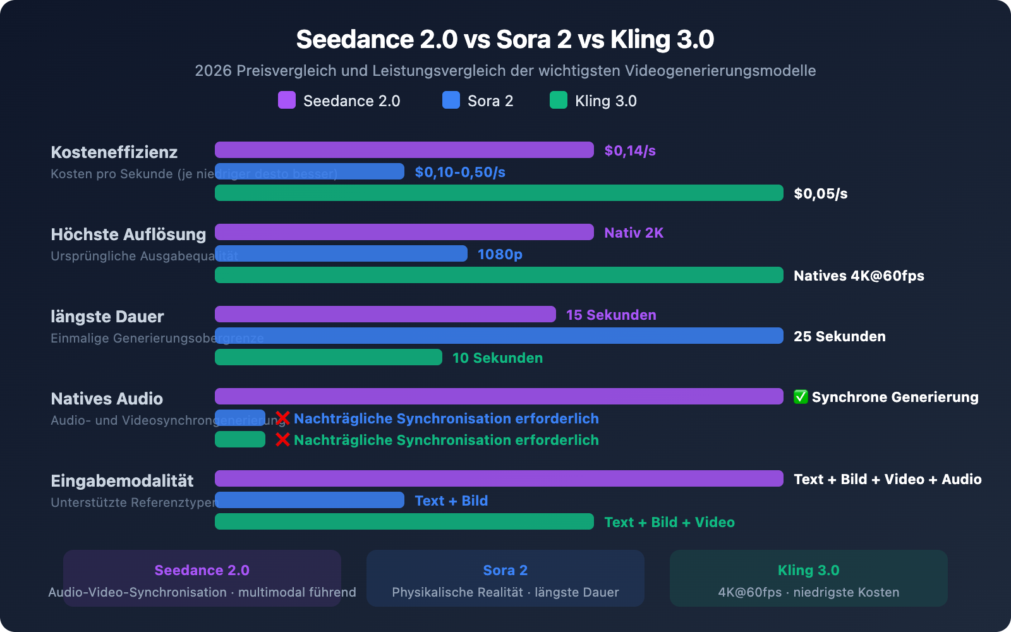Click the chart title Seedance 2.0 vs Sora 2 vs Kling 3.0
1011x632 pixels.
click(x=505, y=39)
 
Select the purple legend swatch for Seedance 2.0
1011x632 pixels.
click(x=287, y=100)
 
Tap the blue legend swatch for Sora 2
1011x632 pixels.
click(x=451, y=100)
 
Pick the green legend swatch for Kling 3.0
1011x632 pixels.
click(x=559, y=100)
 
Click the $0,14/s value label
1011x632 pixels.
click(x=630, y=150)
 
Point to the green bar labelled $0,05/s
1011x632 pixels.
click(x=499, y=193)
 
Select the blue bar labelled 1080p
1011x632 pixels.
click(x=341, y=253)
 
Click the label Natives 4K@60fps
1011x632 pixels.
click(x=859, y=276)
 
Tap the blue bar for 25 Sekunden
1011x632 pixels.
click(x=499, y=336)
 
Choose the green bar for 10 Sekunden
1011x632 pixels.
click(x=329, y=357)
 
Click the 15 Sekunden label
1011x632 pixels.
click(x=611, y=315)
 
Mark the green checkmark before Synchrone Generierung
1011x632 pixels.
click(x=801, y=397)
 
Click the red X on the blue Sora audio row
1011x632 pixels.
click(x=282, y=418)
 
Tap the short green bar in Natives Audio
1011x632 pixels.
click(x=240, y=439)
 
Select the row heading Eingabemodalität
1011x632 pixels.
click(x=122, y=481)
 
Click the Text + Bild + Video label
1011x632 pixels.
click(x=669, y=522)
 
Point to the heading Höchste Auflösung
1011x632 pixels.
click(x=128, y=234)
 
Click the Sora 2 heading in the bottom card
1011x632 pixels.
click(x=505, y=570)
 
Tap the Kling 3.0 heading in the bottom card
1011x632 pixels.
click(x=808, y=570)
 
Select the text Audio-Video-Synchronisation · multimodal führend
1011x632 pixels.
click(x=202, y=592)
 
